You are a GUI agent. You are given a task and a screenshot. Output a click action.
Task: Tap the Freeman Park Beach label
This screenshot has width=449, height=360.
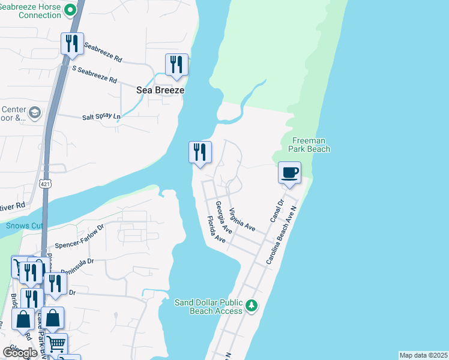[x=309, y=145]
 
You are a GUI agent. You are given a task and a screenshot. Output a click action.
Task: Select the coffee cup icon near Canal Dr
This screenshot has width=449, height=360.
[x=289, y=173]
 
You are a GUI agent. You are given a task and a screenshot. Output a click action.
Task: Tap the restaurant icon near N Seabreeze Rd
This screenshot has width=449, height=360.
[x=71, y=44]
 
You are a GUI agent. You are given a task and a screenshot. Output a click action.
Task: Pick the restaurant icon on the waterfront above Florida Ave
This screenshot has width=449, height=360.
[x=200, y=152]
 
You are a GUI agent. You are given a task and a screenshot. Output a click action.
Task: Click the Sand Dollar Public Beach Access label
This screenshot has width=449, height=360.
[x=208, y=306]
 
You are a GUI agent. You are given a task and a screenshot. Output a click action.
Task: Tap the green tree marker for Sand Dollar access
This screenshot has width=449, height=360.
[x=253, y=307]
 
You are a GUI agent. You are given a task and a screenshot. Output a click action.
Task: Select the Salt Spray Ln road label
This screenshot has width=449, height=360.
[x=101, y=116]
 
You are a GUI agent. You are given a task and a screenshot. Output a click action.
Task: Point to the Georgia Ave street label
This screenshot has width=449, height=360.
[x=224, y=218]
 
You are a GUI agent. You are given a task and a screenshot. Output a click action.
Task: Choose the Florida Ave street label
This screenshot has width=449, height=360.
[x=215, y=230]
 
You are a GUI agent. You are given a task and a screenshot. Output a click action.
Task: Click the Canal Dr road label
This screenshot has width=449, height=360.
[x=276, y=211]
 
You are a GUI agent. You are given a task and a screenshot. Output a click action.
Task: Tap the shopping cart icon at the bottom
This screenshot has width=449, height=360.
[x=56, y=345]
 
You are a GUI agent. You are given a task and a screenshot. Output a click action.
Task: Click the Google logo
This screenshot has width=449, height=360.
[x=20, y=352]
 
